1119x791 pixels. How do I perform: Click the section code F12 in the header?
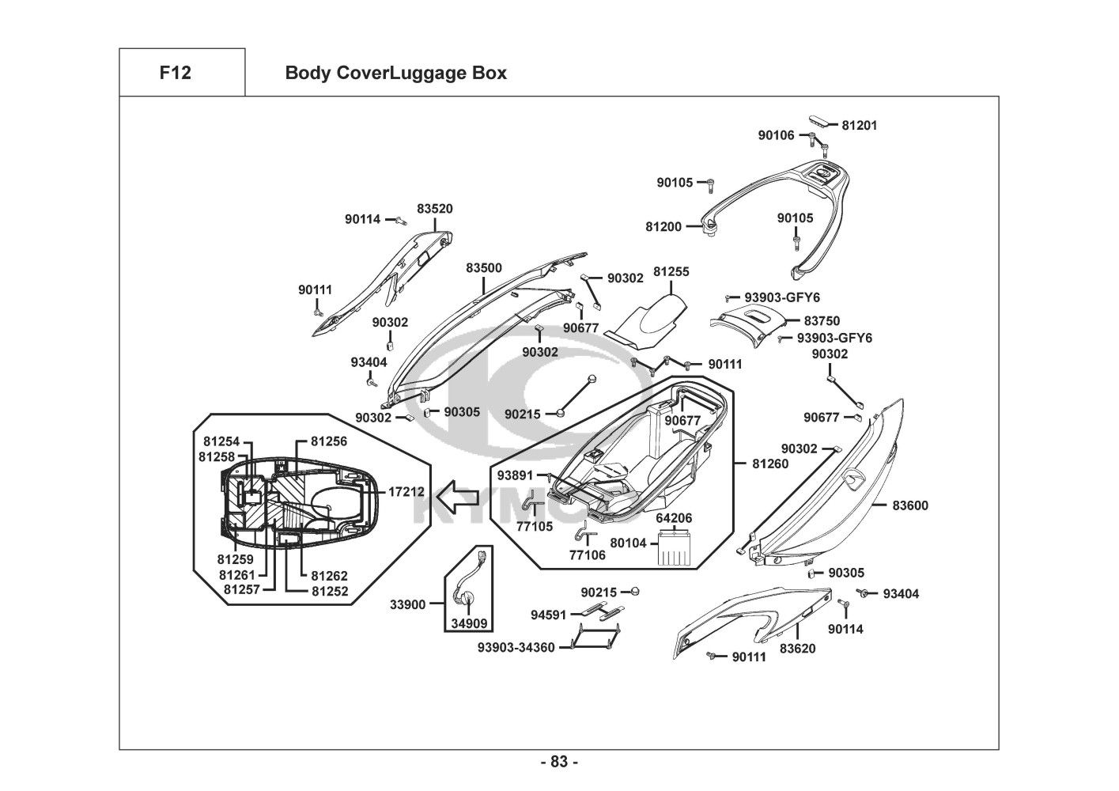(x=175, y=73)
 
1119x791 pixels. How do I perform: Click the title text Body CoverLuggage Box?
(x=395, y=74)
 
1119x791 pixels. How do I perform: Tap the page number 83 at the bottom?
(x=559, y=762)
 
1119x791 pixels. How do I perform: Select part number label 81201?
(x=859, y=125)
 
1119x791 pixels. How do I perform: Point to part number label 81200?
(x=663, y=226)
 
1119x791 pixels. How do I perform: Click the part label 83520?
(x=435, y=209)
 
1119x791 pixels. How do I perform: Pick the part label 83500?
(x=483, y=268)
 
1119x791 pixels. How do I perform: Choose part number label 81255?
(x=671, y=271)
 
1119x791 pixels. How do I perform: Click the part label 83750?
(x=822, y=321)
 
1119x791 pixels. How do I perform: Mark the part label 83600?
(x=910, y=505)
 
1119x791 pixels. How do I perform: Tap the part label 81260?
(x=770, y=464)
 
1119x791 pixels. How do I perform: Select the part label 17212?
(x=406, y=491)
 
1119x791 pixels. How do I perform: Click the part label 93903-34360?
(x=516, y=648)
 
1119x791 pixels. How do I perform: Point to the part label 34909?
(x=468, y=624)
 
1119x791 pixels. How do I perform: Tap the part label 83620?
(x=797, y=649)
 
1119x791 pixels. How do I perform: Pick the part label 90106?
(x=776, y=135)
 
